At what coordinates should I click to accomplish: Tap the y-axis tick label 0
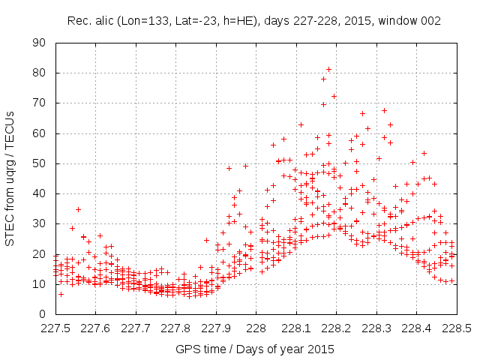44,314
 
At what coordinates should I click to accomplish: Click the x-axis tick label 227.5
55,328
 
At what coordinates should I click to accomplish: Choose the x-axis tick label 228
256,328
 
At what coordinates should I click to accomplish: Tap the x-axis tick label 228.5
456,328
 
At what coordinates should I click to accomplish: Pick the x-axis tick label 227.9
216,328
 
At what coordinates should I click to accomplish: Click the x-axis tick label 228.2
336,328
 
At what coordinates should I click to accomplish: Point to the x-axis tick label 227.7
136,328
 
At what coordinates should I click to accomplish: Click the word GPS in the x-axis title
186,349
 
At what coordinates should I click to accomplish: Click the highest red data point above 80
328,70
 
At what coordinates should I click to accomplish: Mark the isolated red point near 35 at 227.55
78,209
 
